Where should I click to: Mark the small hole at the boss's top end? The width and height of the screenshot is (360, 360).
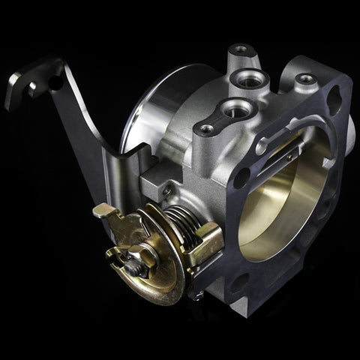point(239,51)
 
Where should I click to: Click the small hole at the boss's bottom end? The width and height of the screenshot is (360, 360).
point(207,129)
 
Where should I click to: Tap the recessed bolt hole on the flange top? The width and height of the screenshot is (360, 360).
point(304,77)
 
